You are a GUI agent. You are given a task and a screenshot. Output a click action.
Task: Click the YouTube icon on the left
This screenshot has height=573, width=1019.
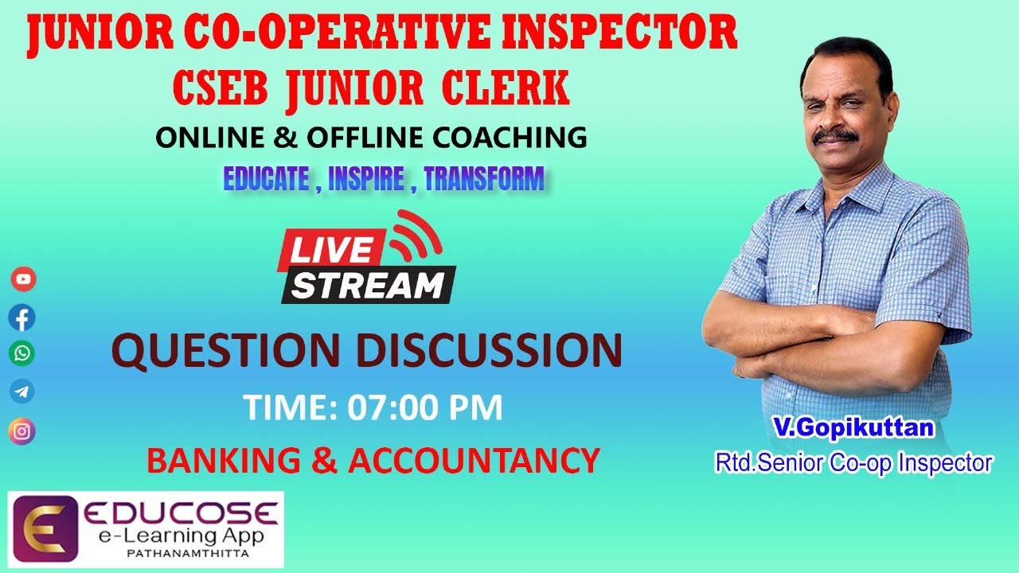pyautogui.click(x=23, y=279)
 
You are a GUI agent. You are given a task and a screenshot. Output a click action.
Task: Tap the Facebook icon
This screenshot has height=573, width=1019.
pyautogui.click(x=22, y=318)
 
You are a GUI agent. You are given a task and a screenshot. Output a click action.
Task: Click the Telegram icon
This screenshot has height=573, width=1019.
pyautogui.click(x=22, y=392)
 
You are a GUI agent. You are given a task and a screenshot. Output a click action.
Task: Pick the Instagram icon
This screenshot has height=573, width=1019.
pyautogui.click(x=22, y=431)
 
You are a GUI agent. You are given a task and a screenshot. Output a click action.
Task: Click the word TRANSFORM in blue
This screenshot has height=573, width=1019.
pyautogui.click(x=484, y=179)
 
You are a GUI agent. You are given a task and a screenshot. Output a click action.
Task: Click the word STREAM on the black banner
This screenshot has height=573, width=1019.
pyautogui.click(x=367, y=284)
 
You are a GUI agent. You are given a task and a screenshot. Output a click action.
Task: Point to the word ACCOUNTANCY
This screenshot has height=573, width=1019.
pyautogui.click(x=474, y=461)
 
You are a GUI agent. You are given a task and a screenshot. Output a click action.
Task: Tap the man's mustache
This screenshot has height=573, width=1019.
pyautogui.click(x=835, y=136)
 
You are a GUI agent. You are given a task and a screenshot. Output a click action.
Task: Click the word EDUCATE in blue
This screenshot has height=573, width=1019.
pyautogui.click(x=266, y=179)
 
